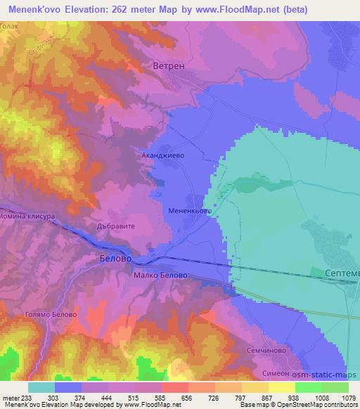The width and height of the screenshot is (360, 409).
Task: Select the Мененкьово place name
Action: click(190, 210)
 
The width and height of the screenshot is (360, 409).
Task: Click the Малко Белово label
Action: click(160, 275)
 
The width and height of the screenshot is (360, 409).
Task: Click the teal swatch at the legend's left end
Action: click(41, 387)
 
